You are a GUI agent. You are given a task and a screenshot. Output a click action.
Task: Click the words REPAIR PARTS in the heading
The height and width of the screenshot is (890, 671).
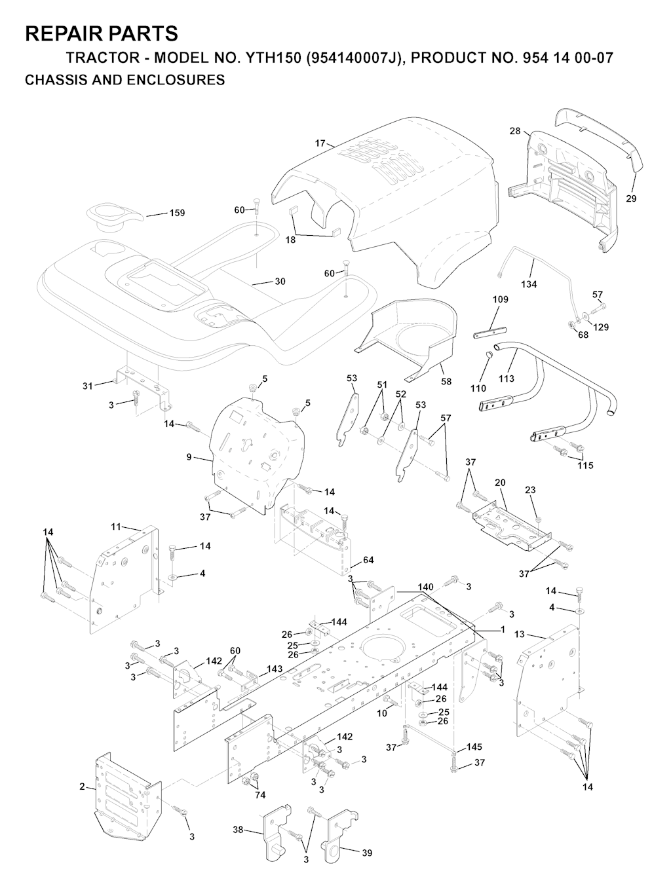coord(101,33)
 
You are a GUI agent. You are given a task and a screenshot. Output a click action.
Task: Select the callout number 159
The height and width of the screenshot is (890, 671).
coord(177,213)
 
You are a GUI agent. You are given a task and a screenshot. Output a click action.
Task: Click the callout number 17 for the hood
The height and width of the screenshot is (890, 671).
coord(320,142)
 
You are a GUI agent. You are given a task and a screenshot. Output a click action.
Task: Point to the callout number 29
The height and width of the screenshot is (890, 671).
coord(631,198)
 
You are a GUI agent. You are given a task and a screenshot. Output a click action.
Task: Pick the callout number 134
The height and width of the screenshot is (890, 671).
coord(528,284)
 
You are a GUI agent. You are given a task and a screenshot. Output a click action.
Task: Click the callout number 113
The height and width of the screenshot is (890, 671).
coord(507,379)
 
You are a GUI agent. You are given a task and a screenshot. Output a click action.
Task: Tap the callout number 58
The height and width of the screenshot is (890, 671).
coord(446,381)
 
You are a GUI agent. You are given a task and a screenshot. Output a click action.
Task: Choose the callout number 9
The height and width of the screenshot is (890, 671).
coord(189,457)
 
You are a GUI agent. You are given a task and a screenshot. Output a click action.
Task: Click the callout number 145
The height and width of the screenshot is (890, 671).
coord(474,747)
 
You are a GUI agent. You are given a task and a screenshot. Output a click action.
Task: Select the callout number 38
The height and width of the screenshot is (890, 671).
coord(238,830)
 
